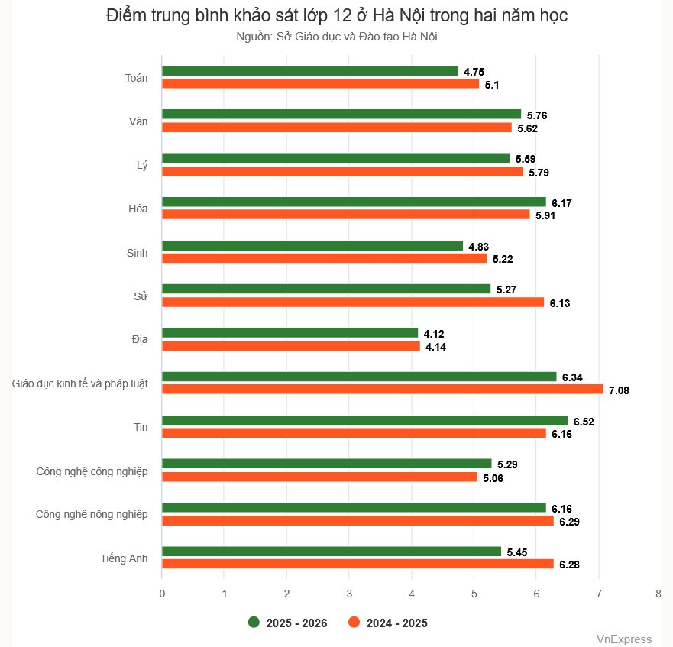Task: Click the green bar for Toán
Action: coord(309,71)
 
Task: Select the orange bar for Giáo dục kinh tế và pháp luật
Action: coord(382,390)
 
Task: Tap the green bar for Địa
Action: coord(290,333)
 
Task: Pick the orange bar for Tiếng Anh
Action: coord(358,564)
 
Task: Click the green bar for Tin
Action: coord(364,420)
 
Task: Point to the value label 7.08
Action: coord(619,391)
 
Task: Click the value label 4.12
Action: coord(434,334)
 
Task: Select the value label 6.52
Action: coord(584,421)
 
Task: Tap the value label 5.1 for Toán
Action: coord(492,85)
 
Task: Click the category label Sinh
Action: coord(137,252)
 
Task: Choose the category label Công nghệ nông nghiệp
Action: coord(92,514)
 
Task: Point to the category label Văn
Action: coord(138,121)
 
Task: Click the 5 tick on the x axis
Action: coord(474,593)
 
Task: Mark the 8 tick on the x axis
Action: coord(658,593)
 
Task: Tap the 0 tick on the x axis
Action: coord(162,593)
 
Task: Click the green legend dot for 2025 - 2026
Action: coord(254,623)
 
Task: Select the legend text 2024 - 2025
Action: coord(396,623)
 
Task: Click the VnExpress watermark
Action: coord(623,639)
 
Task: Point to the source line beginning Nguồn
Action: coord(336,36)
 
